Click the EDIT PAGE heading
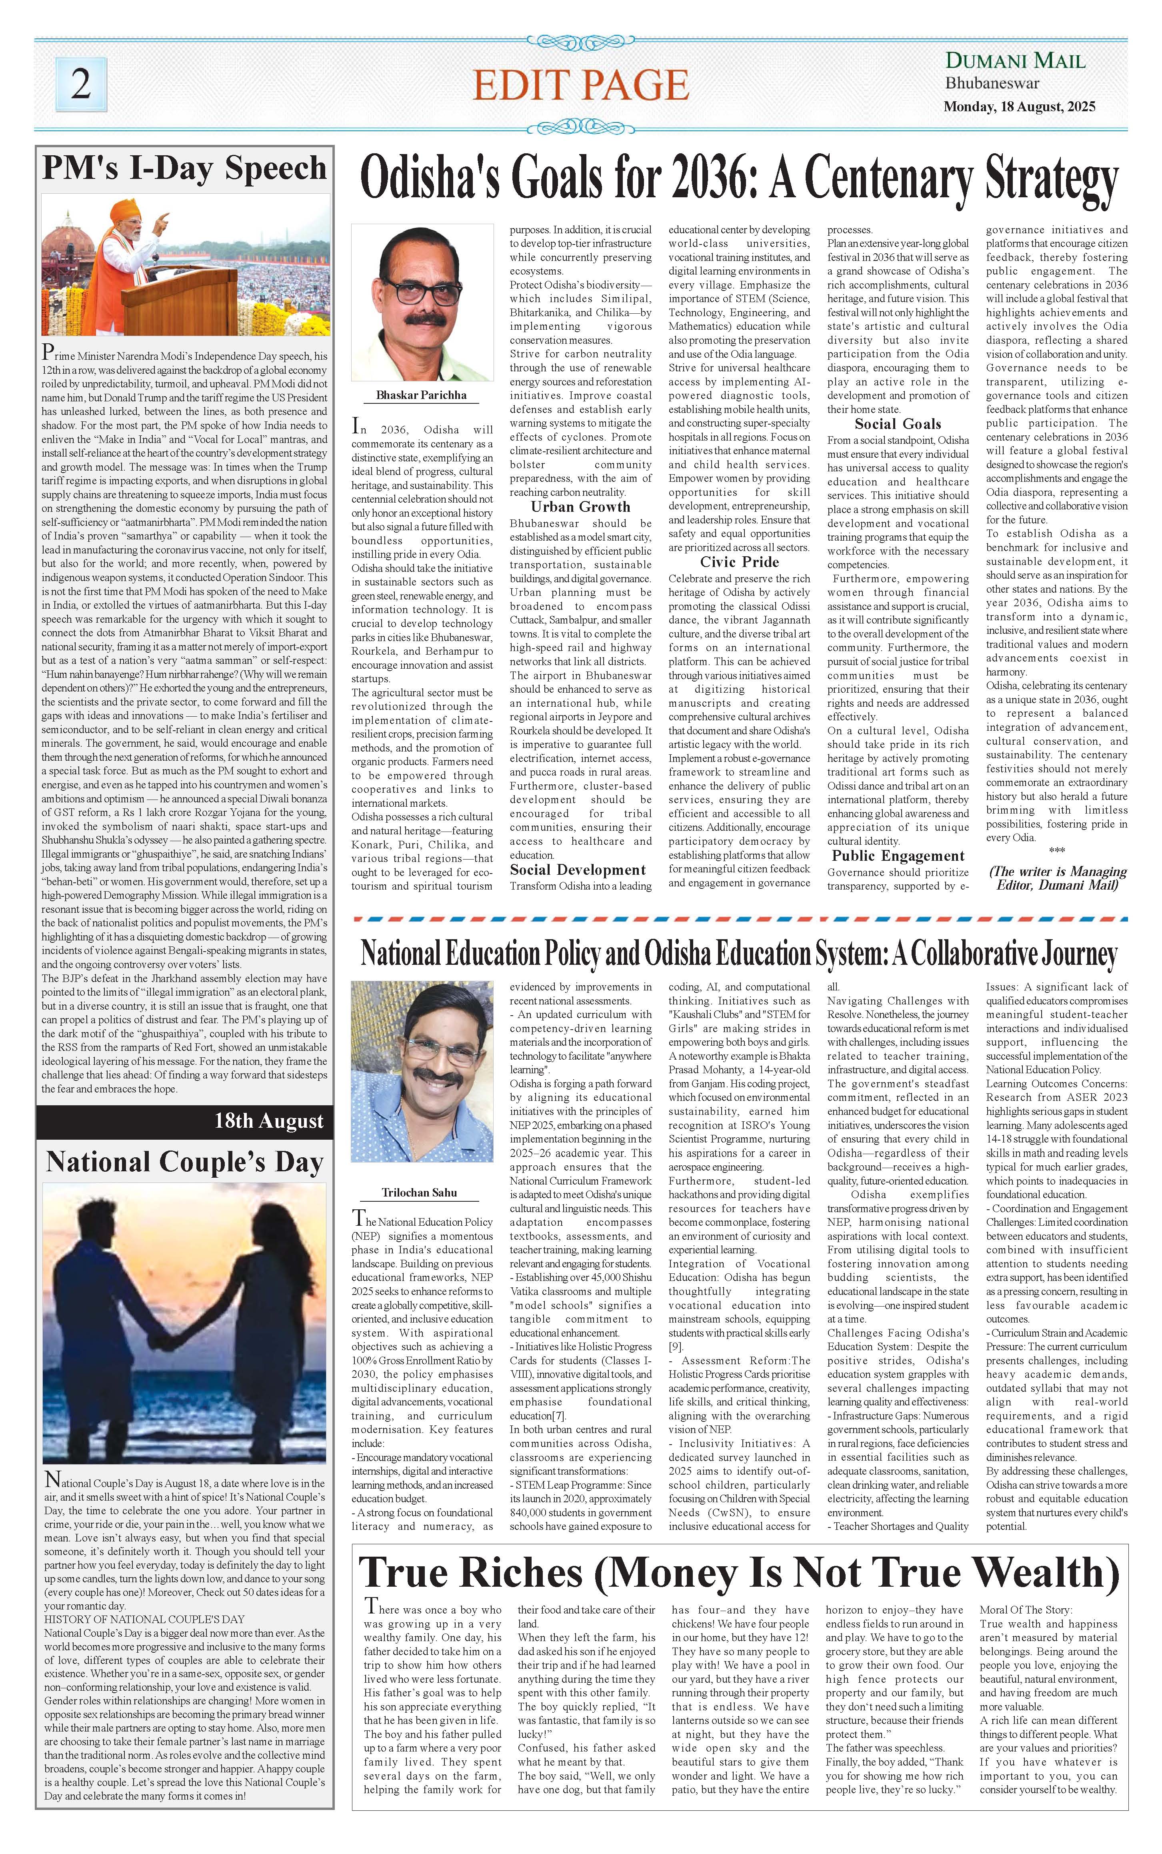pos(580,84)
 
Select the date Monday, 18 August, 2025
pos(1019,107)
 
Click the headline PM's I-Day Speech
pos(184,168)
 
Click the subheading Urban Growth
pos(580,507)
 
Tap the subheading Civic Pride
pos(739,562)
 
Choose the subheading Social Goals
pos(898,423)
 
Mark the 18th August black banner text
pos(269,1121)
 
